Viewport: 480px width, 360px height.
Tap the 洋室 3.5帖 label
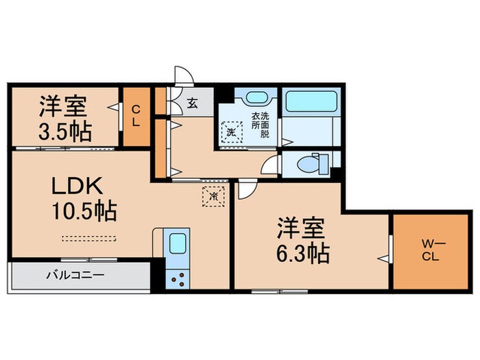[63, 117]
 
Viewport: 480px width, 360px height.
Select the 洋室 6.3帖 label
[302, 240]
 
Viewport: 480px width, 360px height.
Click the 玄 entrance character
[193, 105]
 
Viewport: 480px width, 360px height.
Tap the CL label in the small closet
[136, 116]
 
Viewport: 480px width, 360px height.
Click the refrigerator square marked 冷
[213, 195]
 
